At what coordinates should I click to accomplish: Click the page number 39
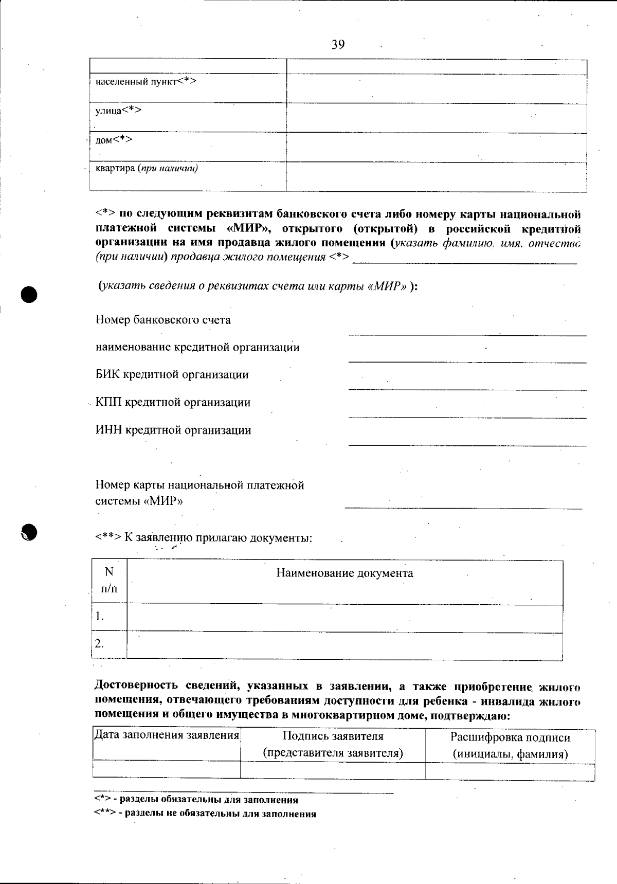338,45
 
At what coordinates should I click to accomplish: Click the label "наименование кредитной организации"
197,348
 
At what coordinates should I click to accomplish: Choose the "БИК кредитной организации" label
172,375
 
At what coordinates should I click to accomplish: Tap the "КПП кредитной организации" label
173,403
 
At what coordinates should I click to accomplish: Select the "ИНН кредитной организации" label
173,430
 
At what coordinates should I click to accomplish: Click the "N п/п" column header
109,580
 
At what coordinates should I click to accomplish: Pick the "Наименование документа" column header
344,573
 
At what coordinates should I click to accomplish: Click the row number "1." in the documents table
100,617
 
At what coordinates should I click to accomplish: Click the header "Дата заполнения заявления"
167,736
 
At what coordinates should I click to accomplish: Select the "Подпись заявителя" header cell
333,744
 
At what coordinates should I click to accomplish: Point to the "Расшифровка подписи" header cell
510,745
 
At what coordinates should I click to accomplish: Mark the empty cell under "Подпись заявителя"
333,770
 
